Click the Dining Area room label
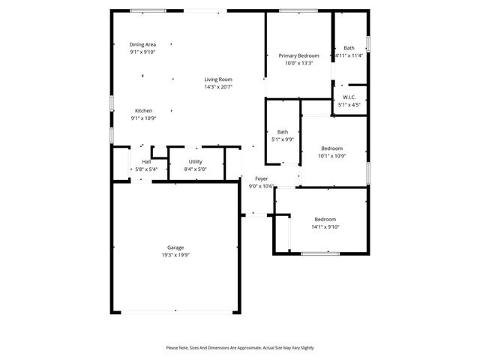coord(142,45)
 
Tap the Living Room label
coord(218,79)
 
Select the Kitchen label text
coord(143,111)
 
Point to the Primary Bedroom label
coord(298,56)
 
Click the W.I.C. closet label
coord(349,97)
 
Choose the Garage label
coord(175,247)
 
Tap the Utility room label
coord(195,162)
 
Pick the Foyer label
coord(261,179)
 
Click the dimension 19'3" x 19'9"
coord(175,255)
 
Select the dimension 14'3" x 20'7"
coord(218,87)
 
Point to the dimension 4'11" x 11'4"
coord(349,55)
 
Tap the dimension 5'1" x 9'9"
coord(283,139)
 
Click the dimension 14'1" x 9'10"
coord(325,226)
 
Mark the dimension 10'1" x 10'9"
coord(332,155)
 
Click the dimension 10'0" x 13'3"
coord(298,63)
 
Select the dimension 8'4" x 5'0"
coord(195,169)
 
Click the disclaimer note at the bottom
coord(240,348)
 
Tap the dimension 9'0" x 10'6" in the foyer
coord(261,186)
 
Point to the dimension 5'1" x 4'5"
coord(349,105)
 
